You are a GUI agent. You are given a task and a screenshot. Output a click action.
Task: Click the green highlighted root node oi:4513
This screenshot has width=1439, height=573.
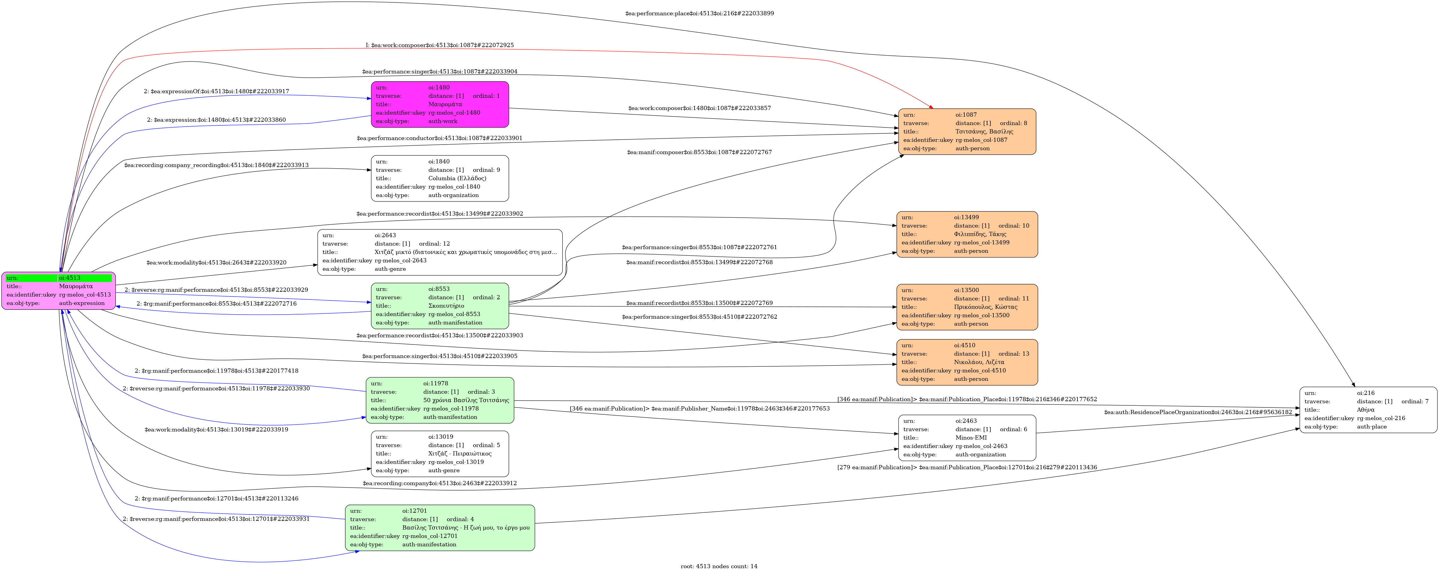coord(59,291)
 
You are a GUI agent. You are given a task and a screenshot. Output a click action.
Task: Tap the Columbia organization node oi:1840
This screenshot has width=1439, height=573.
coord(440,178)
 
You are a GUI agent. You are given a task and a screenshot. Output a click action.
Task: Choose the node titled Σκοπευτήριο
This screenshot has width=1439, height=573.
coord(440,306)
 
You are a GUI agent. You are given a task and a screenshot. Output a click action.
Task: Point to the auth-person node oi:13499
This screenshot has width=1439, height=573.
coord(967,234)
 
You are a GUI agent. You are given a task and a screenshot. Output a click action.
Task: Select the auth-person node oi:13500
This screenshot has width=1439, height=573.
coord(967,307)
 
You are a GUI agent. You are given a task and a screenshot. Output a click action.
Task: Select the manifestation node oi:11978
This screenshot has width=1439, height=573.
coord(440,400)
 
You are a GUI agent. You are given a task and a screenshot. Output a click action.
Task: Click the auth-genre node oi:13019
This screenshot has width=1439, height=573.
coord(440,453)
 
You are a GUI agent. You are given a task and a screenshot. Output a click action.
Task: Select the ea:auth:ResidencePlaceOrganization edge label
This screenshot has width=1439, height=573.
coord(1198,412)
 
